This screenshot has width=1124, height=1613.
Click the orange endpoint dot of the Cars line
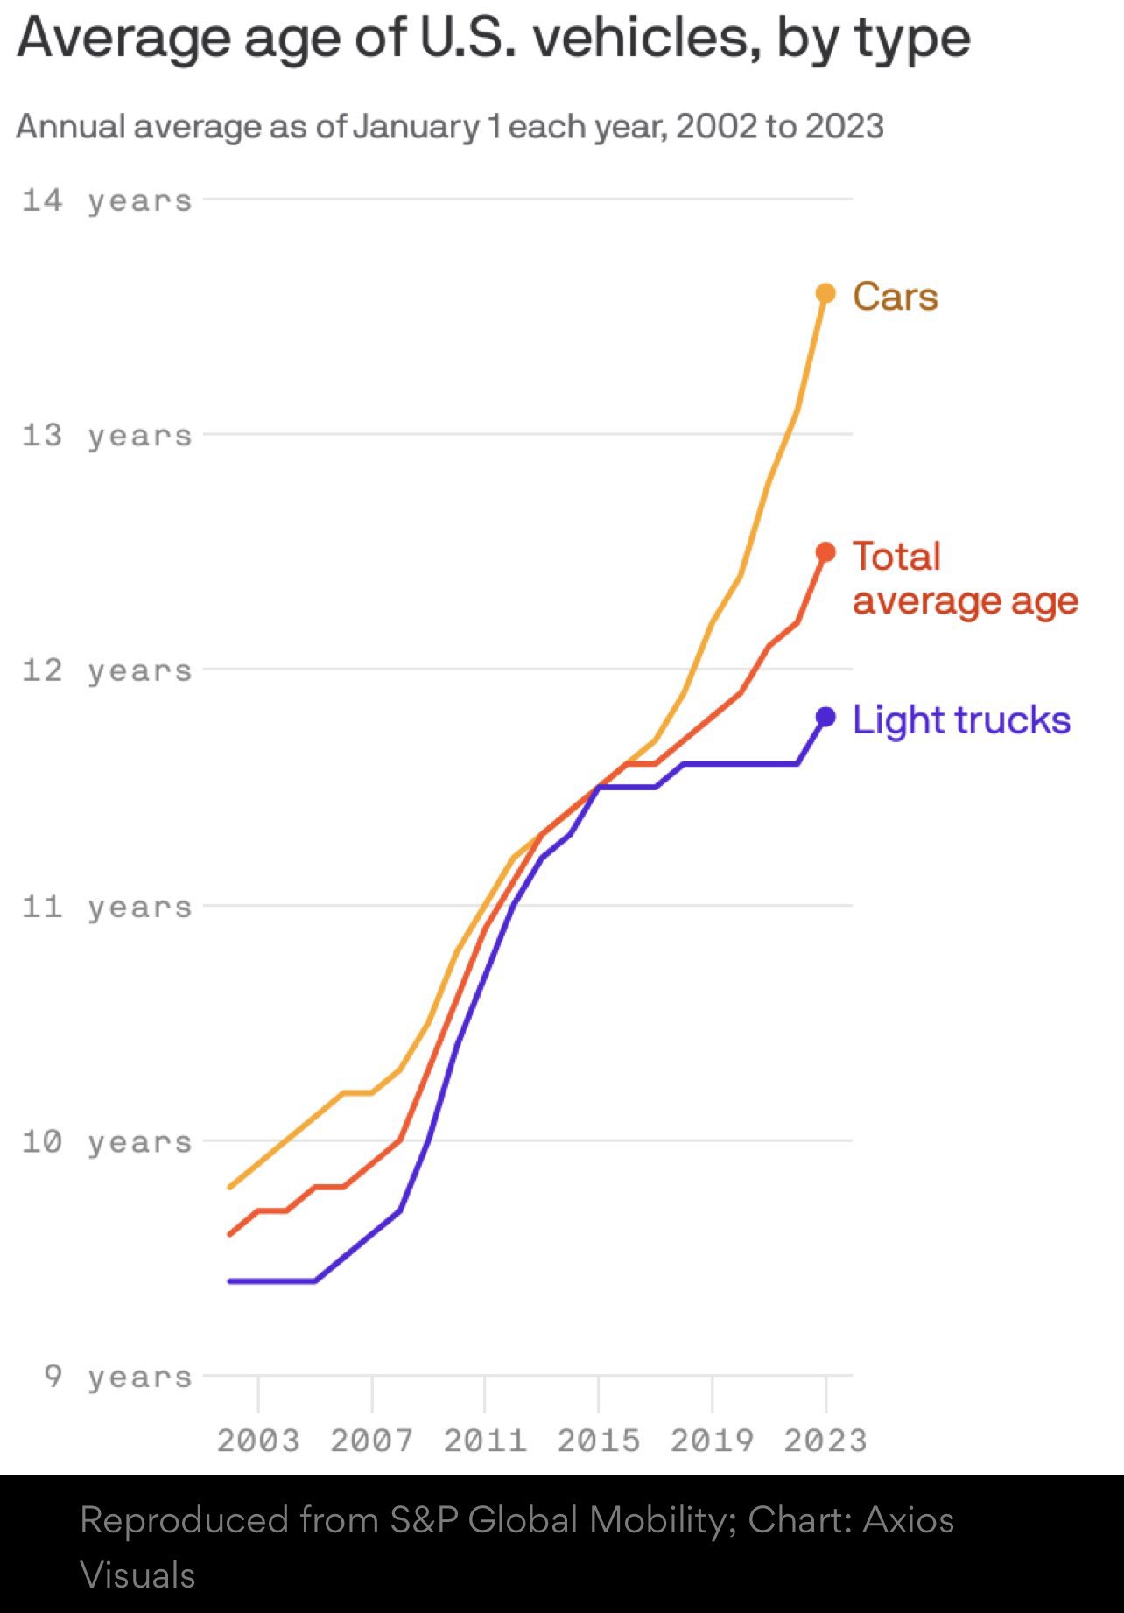[x=825, y=293]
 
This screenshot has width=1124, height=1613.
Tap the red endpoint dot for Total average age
[x=825, y=551]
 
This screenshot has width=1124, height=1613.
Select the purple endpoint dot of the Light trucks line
[x=825, y=717]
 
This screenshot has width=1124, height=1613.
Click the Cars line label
[x=895, y=297]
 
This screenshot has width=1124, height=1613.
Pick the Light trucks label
[x=960, y=720]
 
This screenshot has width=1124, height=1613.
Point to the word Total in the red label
[x=896, y=557]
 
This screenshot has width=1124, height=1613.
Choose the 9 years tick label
[x=117, y=1377]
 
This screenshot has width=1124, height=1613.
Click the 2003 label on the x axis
[x=258, y=1441]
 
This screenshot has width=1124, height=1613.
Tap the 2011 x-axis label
[x=485, y=1441]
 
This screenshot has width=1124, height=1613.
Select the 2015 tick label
[x=599, y=1441]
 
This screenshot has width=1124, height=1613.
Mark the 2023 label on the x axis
[x=825, y=1441]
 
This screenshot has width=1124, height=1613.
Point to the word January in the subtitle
[x=416, y=127]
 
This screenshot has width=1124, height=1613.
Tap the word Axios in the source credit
[x=908, y=1520]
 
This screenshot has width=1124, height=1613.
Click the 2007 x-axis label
[x=371, y=1441]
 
